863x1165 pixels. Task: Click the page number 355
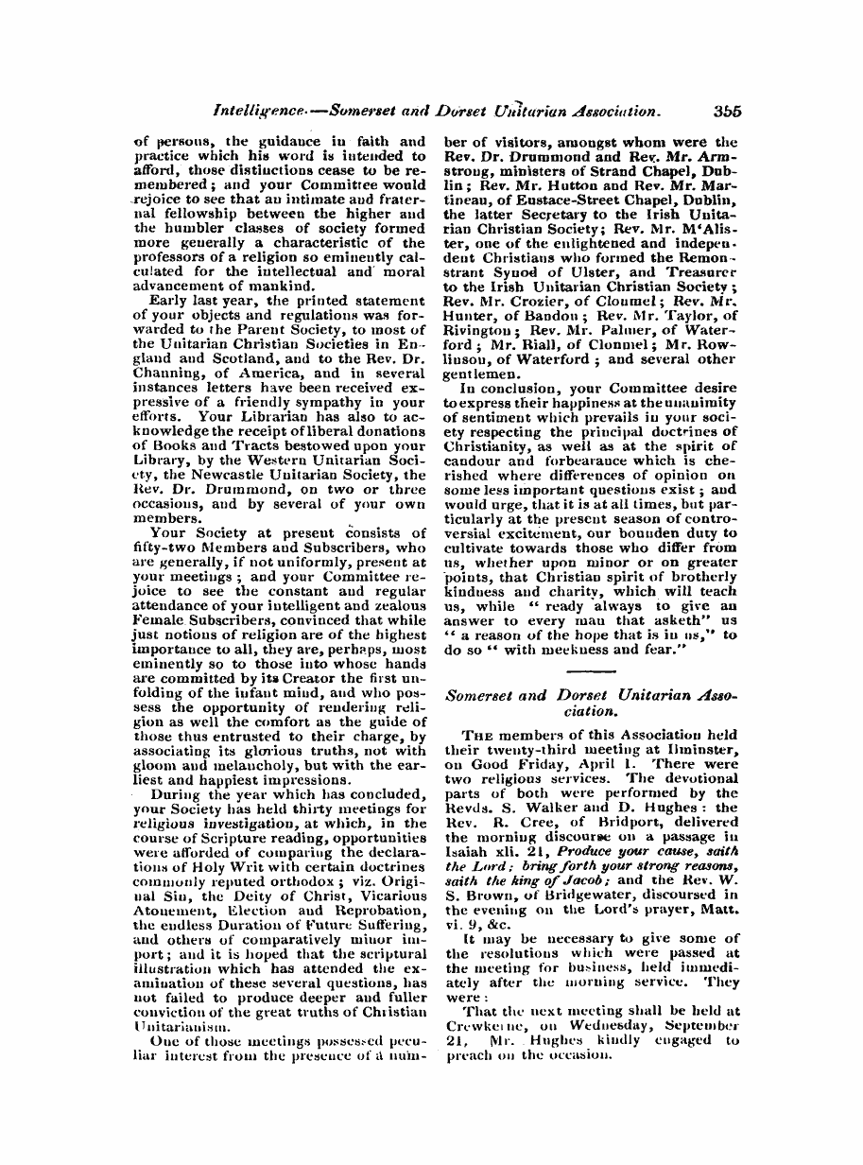[727, 110]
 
